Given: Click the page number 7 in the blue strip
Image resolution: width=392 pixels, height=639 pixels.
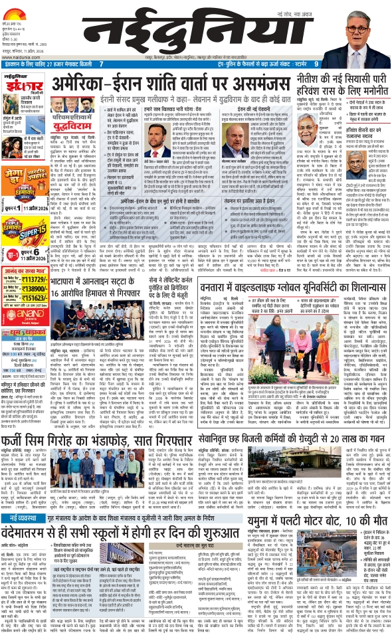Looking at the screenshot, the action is (x=102, y=64).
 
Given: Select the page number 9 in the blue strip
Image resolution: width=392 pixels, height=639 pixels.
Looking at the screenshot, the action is (x=316, y=64).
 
